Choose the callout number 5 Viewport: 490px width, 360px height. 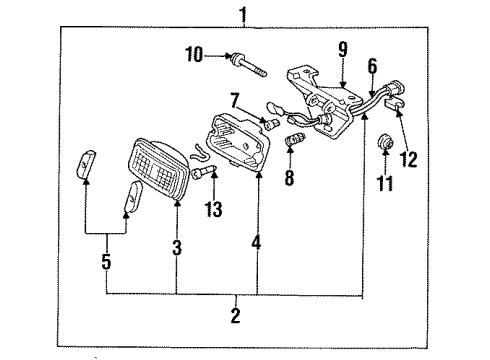pyautogui.click(x=106, y=265)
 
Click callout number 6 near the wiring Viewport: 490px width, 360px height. pyautogui.click(x=372, y=65)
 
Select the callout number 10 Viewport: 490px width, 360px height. pyautogui.click(x=192, y=55)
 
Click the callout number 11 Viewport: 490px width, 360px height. pyautogui.click(x=385, y=183)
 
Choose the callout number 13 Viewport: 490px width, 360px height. pyautogui.click(x=212, y=208)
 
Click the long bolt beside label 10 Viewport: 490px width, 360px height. pyautogui.click(x=247, y=65)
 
